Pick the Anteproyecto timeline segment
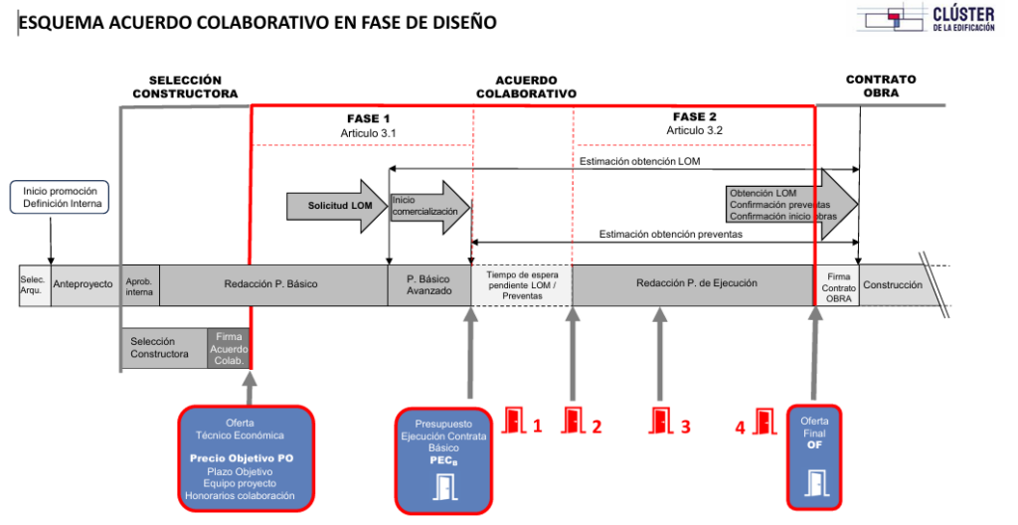tap(83, 284)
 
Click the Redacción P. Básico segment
tap(270, 284)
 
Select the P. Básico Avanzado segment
tap(429, 284)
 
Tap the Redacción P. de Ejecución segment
tap(690, 284)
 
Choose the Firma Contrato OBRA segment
tap(837, 285)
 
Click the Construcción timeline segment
tap(892, 284)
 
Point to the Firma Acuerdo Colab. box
tap(228, 349)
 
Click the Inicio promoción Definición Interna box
tap(63, 197)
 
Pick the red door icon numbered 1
tap(514, 422)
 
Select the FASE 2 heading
tap(694, 117)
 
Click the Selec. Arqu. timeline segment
tap(33, 284)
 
